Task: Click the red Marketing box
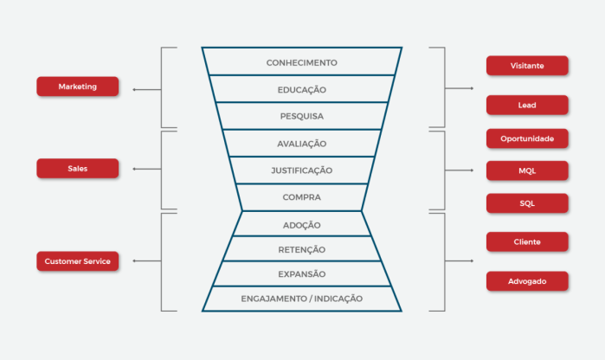(78, 87)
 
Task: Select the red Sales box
(78, 168)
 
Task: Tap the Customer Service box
(78, 260)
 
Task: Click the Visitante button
(527, 65)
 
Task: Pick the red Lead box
(527, 105)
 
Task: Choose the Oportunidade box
(527, 138)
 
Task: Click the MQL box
(527, 170)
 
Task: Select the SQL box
(527, 203)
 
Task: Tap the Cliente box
(527, 241)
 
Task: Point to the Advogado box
(527, 280)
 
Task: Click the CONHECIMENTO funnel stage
(302, 62)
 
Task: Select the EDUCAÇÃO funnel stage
(302, 89)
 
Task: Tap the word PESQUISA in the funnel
(302, 116)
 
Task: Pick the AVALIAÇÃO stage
(302, 144)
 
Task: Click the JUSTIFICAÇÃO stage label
(302, 170)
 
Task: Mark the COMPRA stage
(302, 197)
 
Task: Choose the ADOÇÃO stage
(302, 225)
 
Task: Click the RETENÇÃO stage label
(302, 249)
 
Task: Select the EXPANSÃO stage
(302, 273)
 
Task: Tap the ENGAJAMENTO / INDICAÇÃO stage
(302, 299)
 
